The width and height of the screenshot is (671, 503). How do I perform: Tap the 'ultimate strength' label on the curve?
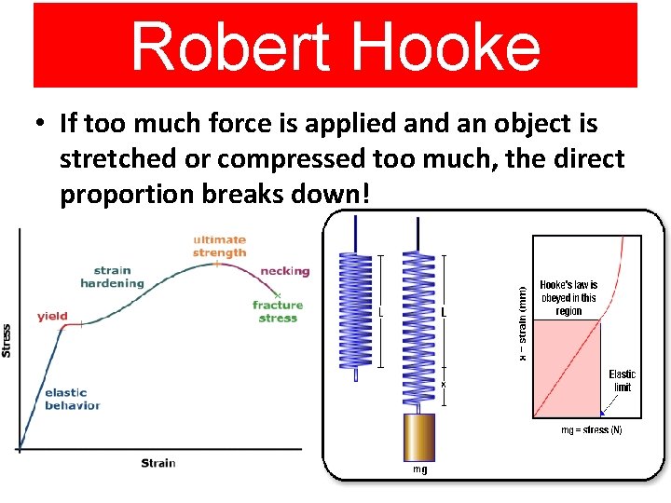click(x=219, y=246)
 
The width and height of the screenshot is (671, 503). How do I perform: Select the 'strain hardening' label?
click(x=112, y=277)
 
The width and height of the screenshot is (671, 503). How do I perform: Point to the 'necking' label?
click(x=284, y=271)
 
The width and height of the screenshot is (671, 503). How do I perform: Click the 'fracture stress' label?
click(x=278, y=311)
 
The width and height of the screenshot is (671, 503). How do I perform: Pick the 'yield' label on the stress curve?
click(x=52, y=317)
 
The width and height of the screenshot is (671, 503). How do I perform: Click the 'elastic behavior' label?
click(x=72, y=399)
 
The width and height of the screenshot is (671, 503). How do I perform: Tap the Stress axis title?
click(x=8, y=340)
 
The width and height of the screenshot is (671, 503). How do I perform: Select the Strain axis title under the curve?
click(x=157, y=463)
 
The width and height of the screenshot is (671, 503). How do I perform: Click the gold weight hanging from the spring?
click(x=420, y=436)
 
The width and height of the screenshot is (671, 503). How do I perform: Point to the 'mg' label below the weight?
click(x=420, y=469)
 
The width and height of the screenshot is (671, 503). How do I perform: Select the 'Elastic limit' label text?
click(x=622, y=380)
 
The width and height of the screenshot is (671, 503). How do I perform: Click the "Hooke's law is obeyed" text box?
click(x=568, y=298)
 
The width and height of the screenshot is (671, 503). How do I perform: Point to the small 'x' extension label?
click(x=444, y=384)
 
